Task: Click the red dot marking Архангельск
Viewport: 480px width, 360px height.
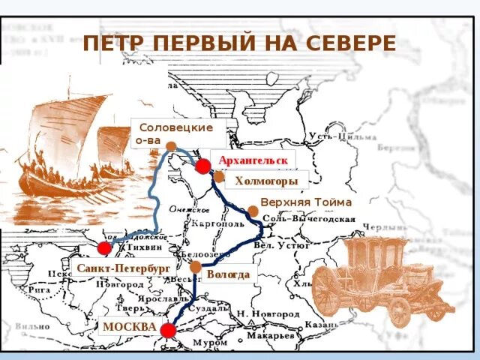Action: pyautogui.click(x=203, y=166)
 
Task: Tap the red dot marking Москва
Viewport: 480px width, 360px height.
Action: pyautogui.click(x=168, y=330)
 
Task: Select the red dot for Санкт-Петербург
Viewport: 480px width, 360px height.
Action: pyautogui.click(x=104, y=247)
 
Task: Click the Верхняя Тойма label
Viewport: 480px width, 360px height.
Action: pyautogui.click(x=305, y=202)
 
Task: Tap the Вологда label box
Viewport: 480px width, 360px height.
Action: pyautogui.click(x=228, y=274)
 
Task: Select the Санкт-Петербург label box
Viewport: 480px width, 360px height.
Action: pyautogui.click(x=123, y=268)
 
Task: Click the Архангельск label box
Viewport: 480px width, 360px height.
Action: pyautogui.click(x=253, y=160)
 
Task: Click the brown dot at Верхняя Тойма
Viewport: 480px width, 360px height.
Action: pyautogui.click(x=252, y=211)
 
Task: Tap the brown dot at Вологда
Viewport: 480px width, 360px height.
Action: pyautogui.click(x=196, y=266)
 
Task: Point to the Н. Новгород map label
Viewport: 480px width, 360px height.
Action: pyautogui.click(x=263, y=312)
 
